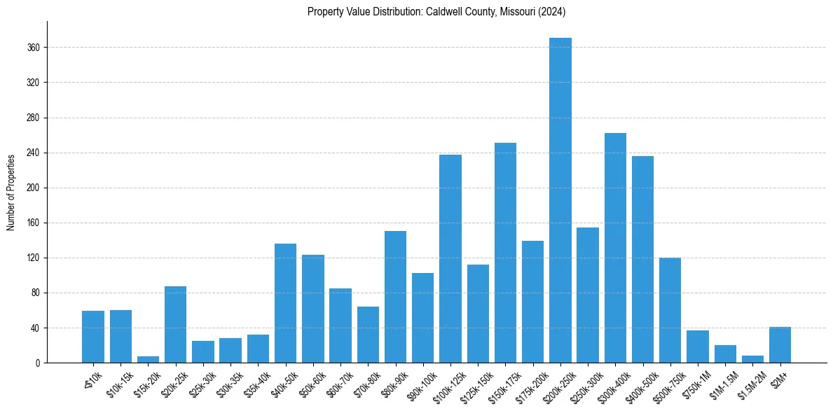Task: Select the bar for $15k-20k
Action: (x=148, y=360)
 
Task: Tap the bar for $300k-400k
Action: (x=615, y=248)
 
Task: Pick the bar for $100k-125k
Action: (x=450, y=259)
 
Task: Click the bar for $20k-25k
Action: (x=176, y=325)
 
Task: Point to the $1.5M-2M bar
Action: (x=752, y=359)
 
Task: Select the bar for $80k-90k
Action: (x=395, y=297)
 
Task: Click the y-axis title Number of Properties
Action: (x=11, y=192)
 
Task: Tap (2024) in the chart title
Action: (x=551, y=12)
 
